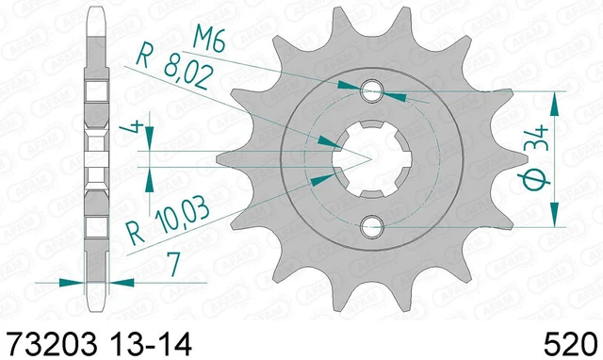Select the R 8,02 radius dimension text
(173, 66)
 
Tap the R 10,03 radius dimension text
(169, 221)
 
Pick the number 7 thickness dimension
(173, 265)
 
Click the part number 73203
(53, 343)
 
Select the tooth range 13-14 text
(151, 343)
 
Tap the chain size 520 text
(570, 343)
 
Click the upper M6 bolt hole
(371, 91)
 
